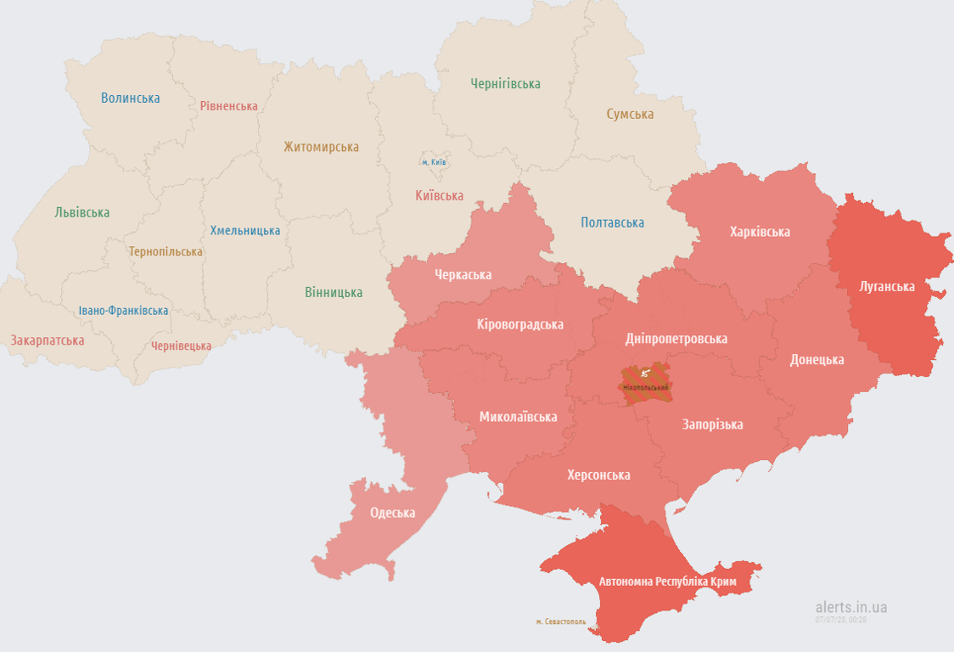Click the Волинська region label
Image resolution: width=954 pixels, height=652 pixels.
[x=130, y=98]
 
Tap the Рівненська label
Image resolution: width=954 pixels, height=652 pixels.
[x=228, y=106]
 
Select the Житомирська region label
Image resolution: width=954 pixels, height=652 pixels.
[x=321, y=147]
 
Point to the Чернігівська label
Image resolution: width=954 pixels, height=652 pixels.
[x=505, y=84]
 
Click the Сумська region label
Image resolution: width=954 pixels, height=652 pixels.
[x=630, y=114]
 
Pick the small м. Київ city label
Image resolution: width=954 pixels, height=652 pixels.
[x=435, y=161]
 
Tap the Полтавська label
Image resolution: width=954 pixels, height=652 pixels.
[x=612, y=222]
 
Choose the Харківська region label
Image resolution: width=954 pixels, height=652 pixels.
[x=760, y=232]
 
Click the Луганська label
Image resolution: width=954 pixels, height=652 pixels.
[x=887, y=286]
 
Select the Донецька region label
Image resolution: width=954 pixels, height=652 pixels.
[x=817, y=359]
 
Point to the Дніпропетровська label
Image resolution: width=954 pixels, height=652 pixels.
[x=676, y=339]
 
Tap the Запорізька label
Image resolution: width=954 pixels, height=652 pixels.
[x=712, y=424]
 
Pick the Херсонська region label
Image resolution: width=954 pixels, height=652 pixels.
[x=598, y=475]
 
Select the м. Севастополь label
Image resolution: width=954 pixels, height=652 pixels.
[x=560, y=621]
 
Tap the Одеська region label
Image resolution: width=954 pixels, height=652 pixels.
[x=392, y=513]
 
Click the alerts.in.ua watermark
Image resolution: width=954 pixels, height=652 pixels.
[x=850, y=607]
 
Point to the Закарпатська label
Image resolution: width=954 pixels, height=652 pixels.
[x=48, y=340]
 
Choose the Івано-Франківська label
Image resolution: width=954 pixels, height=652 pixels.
[x=123, y=311]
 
